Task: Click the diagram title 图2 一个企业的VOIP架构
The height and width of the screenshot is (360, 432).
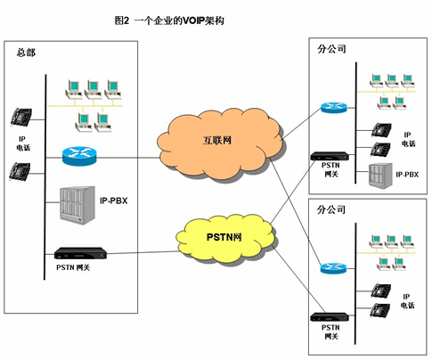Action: coord(169,20)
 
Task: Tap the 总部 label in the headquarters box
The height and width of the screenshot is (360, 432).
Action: coord(26,53)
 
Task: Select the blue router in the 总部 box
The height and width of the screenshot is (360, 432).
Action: coord(79,156)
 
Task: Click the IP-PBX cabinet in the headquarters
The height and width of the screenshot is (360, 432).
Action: coord(77,205)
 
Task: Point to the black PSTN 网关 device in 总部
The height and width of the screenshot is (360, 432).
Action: coord(80,253)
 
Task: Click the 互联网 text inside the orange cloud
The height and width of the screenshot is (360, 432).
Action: coord(217,140)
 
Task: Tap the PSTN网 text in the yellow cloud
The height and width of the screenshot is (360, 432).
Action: coord(224,237)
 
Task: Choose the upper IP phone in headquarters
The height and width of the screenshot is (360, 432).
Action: coord(21,117)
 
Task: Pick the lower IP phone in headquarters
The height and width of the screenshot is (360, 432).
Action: coord(20,172)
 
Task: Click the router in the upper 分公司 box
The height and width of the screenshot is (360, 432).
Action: coord(334,107)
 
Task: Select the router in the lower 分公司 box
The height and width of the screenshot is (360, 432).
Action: coord(333,268)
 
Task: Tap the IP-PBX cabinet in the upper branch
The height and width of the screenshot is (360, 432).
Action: coord(380,176)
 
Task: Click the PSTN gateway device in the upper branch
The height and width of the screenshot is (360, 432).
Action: coord(330,156)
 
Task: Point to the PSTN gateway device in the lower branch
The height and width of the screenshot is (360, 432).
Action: coord(330,317)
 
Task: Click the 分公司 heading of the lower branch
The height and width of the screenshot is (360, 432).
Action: coord(331,209)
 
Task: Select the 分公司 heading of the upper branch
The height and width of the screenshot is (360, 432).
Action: coord(331,49)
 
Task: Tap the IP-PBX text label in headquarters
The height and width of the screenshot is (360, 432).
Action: coord(114,200)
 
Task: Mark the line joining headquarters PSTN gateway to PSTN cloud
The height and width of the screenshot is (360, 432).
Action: coord(143,252)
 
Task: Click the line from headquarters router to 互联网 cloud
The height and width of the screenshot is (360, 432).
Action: coord(128,158)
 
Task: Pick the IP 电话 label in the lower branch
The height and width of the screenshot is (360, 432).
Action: coord(407,301)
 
